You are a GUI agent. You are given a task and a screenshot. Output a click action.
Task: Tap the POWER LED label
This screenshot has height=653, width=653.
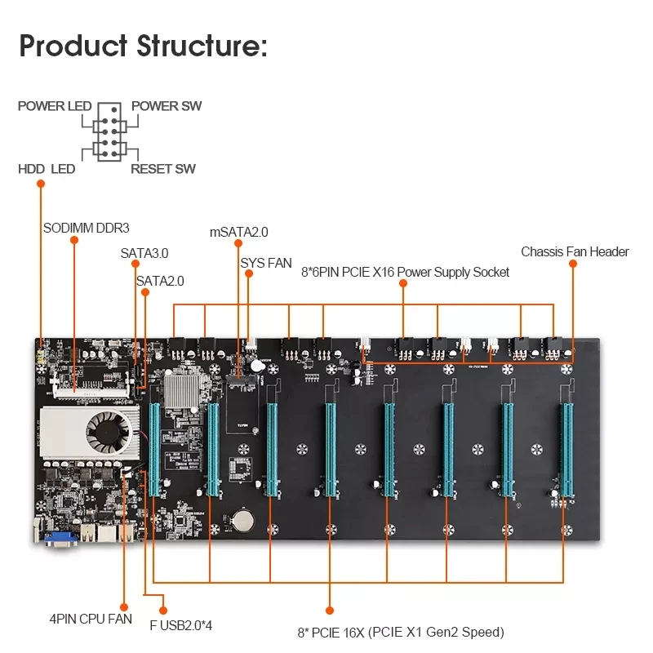(55, 106)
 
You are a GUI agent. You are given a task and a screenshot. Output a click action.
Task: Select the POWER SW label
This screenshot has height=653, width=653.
(167, 106)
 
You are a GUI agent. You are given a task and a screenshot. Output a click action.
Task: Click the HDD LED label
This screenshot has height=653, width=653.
(47, 169)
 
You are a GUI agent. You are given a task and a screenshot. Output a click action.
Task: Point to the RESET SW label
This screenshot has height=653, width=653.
(163, 169)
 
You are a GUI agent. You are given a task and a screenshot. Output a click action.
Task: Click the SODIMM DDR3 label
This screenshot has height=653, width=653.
(87, 228)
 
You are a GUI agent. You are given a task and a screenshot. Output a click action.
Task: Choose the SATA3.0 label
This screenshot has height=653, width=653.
(144, 254)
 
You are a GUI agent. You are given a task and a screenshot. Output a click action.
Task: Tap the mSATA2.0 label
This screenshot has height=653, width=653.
(239, 232)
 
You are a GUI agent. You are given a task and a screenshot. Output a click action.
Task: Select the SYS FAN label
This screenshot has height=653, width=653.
(266, 263)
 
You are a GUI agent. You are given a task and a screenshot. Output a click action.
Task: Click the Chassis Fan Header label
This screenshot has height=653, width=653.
(575, 251)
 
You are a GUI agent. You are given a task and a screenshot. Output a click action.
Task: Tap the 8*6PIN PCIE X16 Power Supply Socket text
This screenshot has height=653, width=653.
(404, 272)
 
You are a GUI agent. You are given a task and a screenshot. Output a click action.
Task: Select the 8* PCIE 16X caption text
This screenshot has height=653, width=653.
(400, 632)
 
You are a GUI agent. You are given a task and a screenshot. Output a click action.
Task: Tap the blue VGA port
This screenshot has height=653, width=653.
(61, 535)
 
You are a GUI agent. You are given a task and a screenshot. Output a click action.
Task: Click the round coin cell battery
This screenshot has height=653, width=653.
(242, 518)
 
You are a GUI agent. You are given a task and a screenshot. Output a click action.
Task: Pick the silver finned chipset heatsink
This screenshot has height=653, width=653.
(183, 384)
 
